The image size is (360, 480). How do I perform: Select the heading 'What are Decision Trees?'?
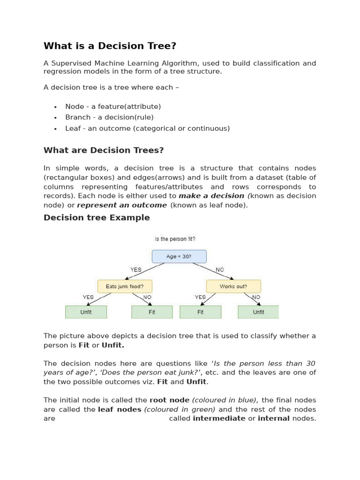(104, 150)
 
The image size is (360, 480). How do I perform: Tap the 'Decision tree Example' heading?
(97, 217)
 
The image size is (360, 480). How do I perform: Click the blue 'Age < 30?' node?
(179, 256)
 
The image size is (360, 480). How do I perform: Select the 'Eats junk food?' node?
(125, 286)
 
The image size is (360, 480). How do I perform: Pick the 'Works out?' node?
(233, 286)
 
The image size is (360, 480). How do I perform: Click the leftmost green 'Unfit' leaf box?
(86, 312)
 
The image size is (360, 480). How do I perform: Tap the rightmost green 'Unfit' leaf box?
(258, 312)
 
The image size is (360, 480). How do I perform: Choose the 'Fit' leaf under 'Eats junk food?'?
(152, 312)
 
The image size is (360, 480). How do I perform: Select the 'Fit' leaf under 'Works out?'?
(200, 312)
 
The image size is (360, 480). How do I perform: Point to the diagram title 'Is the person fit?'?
(175, 239)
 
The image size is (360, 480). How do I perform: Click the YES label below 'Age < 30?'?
(135, 270)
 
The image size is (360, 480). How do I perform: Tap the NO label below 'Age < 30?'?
(219, 270)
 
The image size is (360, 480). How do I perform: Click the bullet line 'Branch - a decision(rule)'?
(109, 117)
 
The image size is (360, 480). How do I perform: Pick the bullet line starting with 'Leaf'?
(147, 128)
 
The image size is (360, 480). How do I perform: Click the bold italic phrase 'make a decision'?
(211, 196)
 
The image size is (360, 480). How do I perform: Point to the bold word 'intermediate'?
(219, 418)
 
